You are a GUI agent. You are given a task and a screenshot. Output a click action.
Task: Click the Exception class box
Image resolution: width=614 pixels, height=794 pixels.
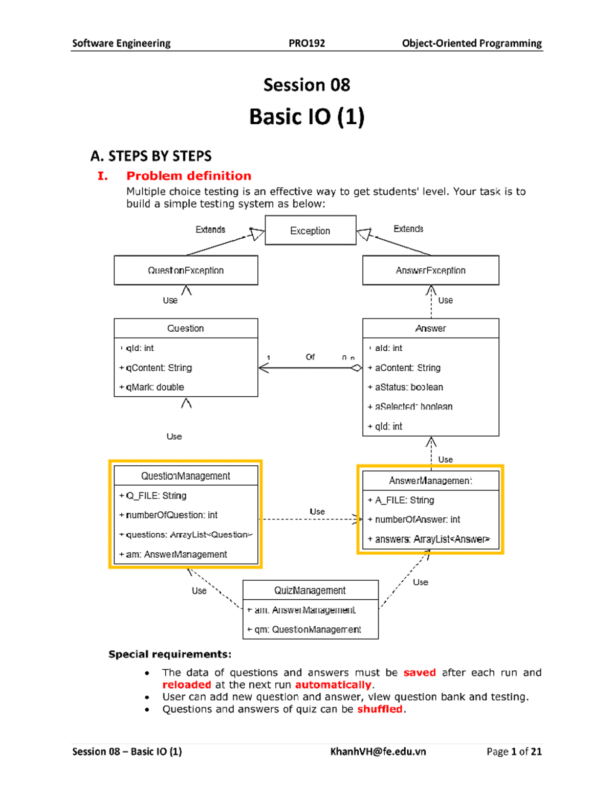(x=310, y=231)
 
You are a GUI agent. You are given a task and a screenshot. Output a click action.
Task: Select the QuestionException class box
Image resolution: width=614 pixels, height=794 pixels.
(x=186, y=270)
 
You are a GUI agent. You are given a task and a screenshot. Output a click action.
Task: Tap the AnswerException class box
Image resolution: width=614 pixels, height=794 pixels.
(x=430, y=270)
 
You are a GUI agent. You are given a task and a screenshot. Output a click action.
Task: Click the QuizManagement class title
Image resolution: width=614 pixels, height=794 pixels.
(x=310, y=590)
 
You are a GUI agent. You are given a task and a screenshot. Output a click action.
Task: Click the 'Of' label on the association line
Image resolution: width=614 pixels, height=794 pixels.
(x=310, y=357)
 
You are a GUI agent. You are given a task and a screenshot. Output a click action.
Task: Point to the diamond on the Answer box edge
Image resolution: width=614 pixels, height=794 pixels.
(x=356, y=368)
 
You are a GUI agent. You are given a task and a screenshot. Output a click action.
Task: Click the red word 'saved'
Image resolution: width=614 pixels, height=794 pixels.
(x=419, y=672)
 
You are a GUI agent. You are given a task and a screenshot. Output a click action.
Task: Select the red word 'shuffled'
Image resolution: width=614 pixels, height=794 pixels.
(x=380, y=709)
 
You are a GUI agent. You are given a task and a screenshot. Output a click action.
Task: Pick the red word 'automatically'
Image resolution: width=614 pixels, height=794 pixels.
(x=333, y=685)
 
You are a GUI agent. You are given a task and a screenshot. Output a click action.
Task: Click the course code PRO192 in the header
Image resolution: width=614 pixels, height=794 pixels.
(x=306, y=43)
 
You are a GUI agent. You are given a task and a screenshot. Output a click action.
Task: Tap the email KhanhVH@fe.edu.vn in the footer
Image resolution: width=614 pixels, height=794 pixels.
(x=378, y=751)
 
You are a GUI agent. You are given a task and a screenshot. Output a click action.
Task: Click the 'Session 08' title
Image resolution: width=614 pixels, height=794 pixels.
(x=306, y=85)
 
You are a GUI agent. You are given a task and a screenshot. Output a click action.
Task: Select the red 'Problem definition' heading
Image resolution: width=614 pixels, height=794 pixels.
(x=189, y=176)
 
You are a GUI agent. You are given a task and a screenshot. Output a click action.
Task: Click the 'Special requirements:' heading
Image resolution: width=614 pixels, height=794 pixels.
(x=170, y=654)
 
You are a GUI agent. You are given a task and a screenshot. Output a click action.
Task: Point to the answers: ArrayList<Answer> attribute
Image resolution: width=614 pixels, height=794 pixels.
(x=432, y=539)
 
